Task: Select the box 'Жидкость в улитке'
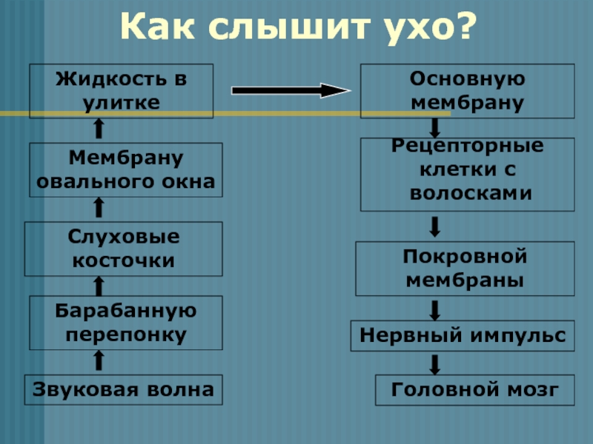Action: tap(121, 91)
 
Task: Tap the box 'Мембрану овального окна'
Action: tap(125, 169)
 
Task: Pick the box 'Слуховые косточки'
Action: tap(123, 248)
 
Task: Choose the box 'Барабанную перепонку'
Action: tap(125, 322)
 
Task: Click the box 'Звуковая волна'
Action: tap(124, 389)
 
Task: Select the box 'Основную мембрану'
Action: tap(467, 91)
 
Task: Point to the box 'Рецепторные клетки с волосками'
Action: tap(467, 174)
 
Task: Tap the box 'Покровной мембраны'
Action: tap(466, 268)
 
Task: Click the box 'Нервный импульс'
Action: tap(462, 335)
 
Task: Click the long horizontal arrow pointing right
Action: tap(290, 90)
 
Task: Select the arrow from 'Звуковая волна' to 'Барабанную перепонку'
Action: tap(99, 361)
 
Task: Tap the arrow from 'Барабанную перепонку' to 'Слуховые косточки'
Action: tap(99, 285)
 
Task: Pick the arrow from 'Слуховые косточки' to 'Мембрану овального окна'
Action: tap(99, 208)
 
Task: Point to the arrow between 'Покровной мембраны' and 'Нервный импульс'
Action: tap(436, 309)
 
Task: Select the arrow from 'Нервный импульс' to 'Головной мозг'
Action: tap(436, 363)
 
